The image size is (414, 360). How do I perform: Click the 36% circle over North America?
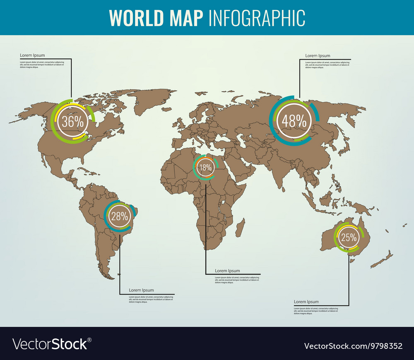click(x=73, y=122)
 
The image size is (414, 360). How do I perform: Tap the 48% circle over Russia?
click(x=294, y=121)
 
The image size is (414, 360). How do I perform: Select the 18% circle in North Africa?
click(x=205, y=167)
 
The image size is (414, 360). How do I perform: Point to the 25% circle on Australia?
click(x=349, y=237)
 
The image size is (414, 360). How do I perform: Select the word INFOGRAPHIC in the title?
click(x=257, y=17)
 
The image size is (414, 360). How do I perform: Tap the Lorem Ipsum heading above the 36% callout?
click(x=32, y=55)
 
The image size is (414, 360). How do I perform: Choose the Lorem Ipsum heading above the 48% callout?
click(x=318, y=55)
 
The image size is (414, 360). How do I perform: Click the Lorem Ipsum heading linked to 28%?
click(x=141, y=290)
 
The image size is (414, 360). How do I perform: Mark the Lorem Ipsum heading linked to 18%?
click(x=227, y=271)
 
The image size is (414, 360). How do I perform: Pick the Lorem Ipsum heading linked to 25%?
click(x=306, y=302)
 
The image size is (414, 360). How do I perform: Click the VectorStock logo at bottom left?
click(x=52, y=344)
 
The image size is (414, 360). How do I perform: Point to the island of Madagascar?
click(x=240, y=228)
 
